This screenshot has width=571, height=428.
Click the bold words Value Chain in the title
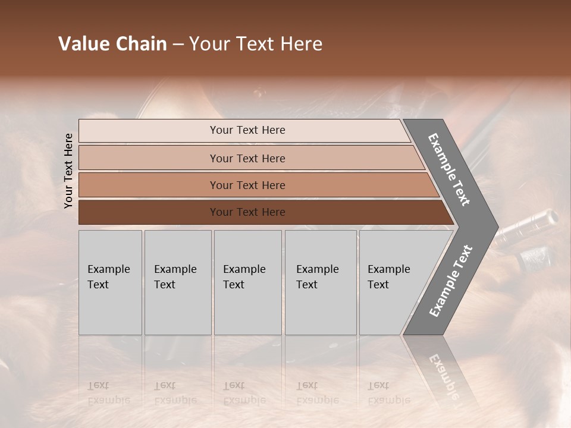(x=112, y=44)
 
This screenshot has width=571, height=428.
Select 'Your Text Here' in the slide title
(x=256, y=44)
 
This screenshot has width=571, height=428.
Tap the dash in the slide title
(x=178, y=45)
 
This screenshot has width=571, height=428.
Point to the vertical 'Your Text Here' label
(x=68, y=171)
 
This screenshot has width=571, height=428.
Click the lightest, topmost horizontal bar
(x=247, y=130)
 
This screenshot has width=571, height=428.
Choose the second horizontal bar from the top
(x=247, y=158)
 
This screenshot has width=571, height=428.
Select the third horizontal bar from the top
(x=247, y=185)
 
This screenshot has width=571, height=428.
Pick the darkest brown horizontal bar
(x=247, y=212)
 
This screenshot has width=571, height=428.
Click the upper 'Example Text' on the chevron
(x=449, y=169)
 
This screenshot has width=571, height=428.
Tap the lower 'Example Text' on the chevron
(x=450, y=281)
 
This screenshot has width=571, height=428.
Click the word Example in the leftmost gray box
(x=108, y=269)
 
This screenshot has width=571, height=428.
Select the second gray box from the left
(x=177, y=282)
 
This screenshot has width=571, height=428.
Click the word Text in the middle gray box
(x=233, y=285)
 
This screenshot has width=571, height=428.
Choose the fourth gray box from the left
(x=320, y=282)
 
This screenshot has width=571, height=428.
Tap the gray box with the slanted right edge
(x=393, y=282)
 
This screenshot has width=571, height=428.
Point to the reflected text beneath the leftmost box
(x=108, y=392)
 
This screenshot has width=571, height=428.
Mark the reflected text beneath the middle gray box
(x=244, y=392)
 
